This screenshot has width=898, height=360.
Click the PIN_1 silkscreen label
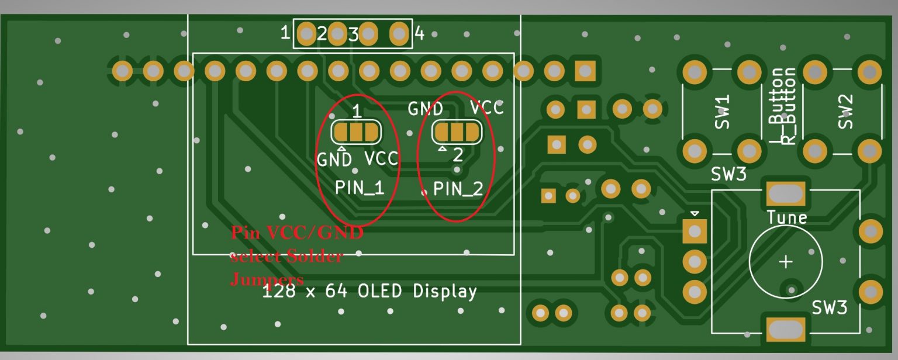click(x=360, y=188)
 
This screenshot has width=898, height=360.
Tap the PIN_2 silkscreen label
click(x=458, y=189)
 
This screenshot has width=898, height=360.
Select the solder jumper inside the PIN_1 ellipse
click(x=355, y=132)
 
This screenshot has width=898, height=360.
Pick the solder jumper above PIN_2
click(x=457, y=132)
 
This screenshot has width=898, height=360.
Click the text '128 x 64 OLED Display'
click(x=369, y=291)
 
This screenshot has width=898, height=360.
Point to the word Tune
click(x=787, y=217)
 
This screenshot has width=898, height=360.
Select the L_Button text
click(x=776, y=106)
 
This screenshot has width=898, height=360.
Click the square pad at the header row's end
click(x=585, y=71)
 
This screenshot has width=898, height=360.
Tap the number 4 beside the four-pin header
click(x=419, y=34)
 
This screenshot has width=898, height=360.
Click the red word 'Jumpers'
click(x=267, y=279)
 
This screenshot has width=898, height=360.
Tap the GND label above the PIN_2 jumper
click(x=425, y=109)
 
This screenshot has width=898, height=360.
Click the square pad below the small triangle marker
click(x=695, y=231)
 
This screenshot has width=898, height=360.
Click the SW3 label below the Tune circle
click(x=829, y=307)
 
